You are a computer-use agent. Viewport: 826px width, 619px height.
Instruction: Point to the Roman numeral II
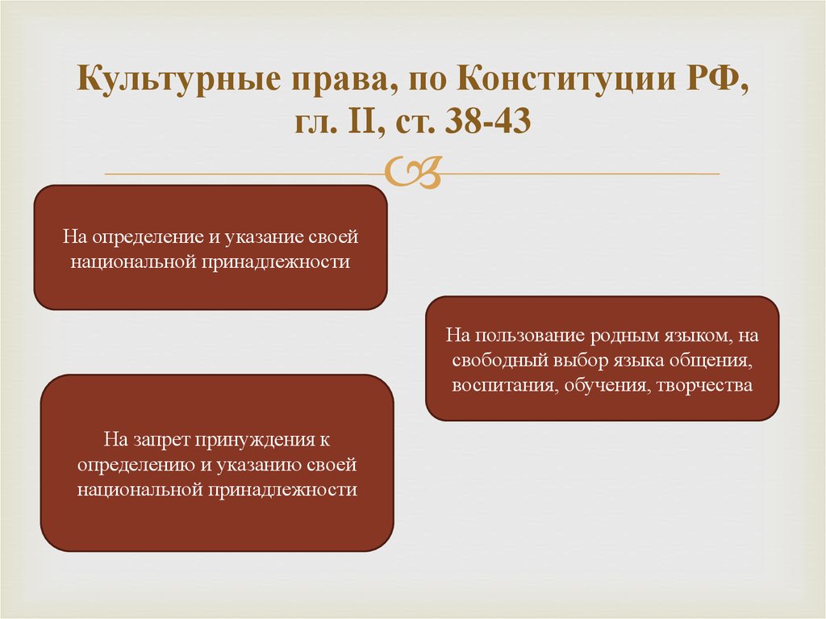[x=361, y=121]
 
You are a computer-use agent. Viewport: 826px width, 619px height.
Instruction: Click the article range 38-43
[x=487, y=121]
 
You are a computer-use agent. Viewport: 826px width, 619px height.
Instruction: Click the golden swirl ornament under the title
[x=412, y=172]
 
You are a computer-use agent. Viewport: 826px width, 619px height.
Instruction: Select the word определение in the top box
[x=148, y=237]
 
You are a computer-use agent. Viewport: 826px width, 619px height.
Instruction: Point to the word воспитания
[x=505, y=386]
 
